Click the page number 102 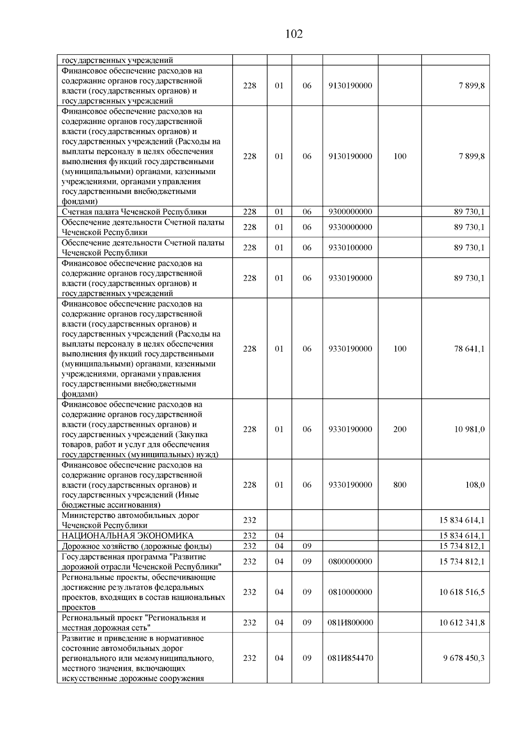click(x=294, y=34)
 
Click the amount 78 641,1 click(x=469, y=349)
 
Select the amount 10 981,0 click(x=469, y=429)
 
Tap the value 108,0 click(x=474, y=485)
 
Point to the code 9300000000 click(x=350, y=212)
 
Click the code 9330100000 click(x=350, y=248)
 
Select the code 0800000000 click(x=350, y=562)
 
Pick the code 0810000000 click(x=350, y=592)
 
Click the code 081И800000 click(x=350, y=622)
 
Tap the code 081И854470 click(x=350, y=658)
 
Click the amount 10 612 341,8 click(x=462, y=622)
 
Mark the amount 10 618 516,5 click(x=462, y=592)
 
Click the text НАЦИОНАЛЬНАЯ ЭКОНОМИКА click(x=128, y=536)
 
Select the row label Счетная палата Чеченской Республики click(x=134, y=212)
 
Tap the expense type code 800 click(x=400, y=485)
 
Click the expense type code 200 click(x=400, y=429)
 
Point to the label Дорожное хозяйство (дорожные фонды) click(x=137, y=546)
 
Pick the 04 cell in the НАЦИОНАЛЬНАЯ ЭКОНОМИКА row click(x=279, y=536)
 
